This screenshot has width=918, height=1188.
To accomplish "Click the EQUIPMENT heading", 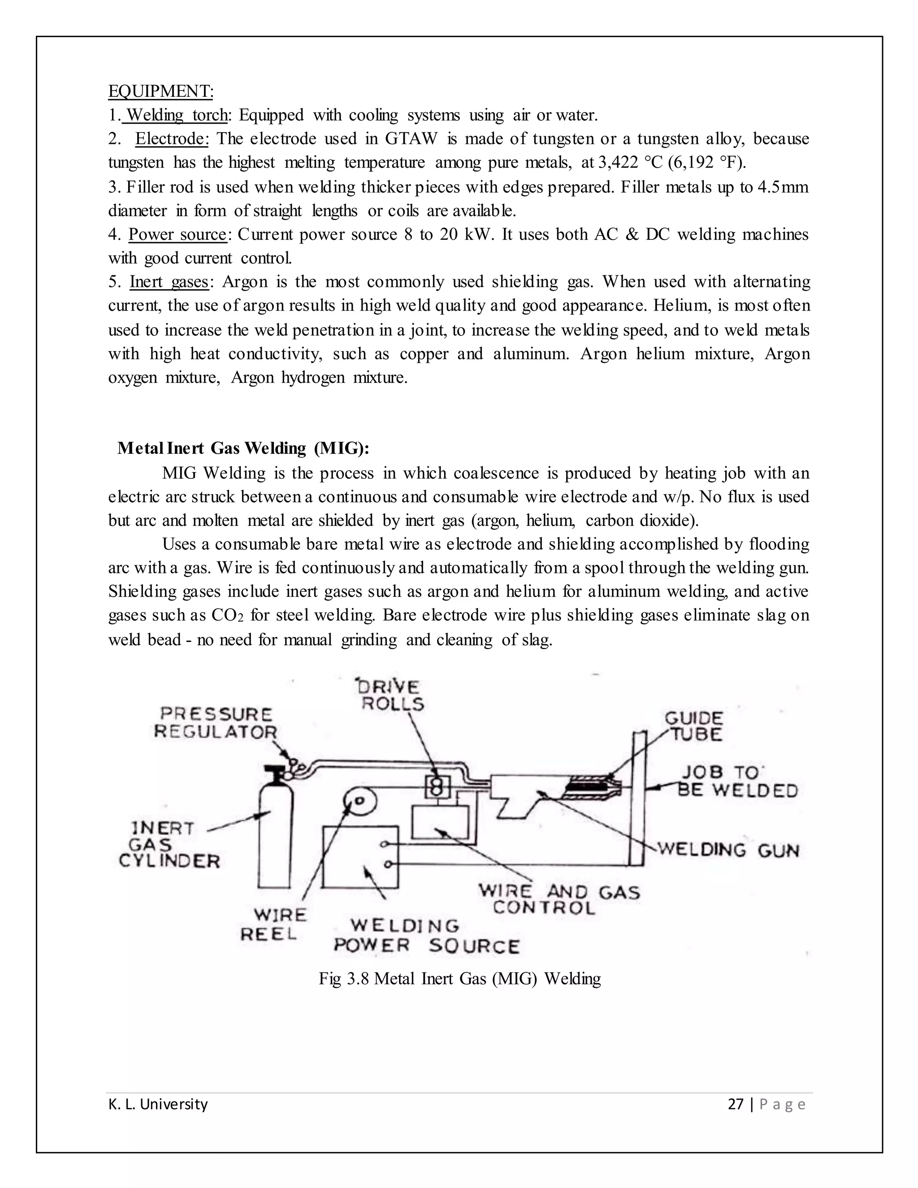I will click(x=160, y=91).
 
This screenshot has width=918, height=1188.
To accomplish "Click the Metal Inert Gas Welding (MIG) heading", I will click(x=243, y=448).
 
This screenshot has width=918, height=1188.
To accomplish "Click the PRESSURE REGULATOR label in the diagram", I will click(x=216, y=723).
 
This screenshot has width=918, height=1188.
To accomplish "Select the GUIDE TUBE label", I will click(x=694, y=726).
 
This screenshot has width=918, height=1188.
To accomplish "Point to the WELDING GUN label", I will click(x=729, y=850).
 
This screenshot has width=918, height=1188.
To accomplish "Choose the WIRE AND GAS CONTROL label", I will click(x=559, y=899).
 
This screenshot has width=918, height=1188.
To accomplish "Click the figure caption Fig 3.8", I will click(x=459, y=979).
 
